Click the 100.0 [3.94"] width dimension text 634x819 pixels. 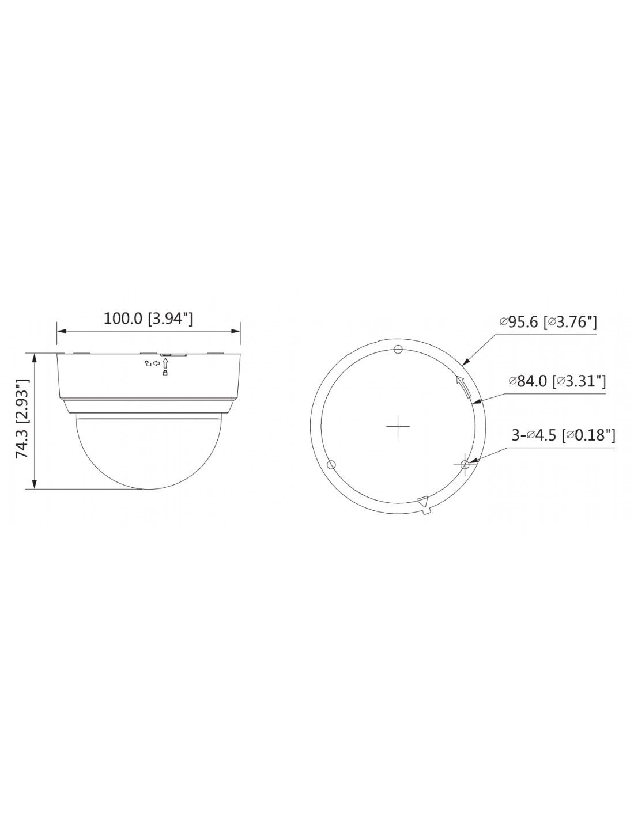pyautogui.click(x=148, y=318)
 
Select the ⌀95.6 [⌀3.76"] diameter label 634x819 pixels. pyautogui.click(x=548, y=322)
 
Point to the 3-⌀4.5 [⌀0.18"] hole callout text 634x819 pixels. pyautogui.click(x=563, y=435)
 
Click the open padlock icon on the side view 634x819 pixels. pyautogui.click(x=148, y=363)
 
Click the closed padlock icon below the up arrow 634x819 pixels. pyautogui.click(x=165, y=373)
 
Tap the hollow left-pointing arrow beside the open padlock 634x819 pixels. pyautogui.click(x=156, y=363)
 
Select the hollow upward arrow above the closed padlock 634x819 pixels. pyautogui.click(x=165, y=364)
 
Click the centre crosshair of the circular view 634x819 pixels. pyautogui.click(x=398, y=426)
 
